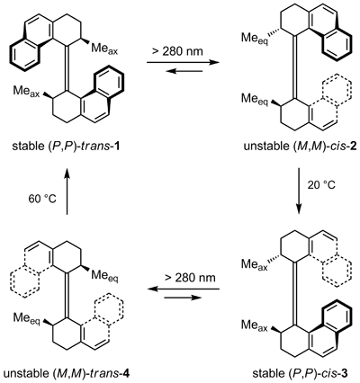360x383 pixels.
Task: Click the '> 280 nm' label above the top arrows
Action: [x=177, y=51]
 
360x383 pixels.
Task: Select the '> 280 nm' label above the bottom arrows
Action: [x=190, y=278]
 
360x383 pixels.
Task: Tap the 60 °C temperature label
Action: [x=42, y=200]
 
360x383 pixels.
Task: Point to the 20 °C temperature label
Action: [x=320, y=185]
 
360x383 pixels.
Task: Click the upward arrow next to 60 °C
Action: [x=67, y=191]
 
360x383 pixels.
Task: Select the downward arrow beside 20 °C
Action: [x=299, y=191]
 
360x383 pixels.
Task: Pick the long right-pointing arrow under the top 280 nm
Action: [x=183, y=62]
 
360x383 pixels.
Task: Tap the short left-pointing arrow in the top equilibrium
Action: [x=184, y=71]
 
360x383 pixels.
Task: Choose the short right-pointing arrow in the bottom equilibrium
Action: [x=183, y=298]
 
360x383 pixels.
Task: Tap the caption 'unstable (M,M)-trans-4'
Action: [x=67, y=373]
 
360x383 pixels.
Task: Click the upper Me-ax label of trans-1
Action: [x=104, y=49]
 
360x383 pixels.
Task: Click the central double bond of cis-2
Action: [x=295, y=67]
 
